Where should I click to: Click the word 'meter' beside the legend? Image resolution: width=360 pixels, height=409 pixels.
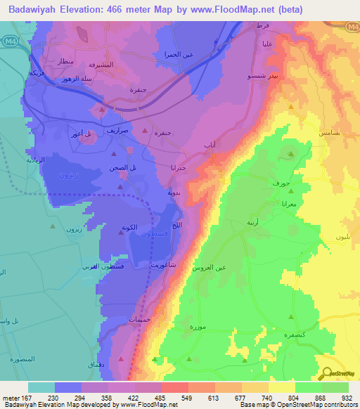pos(12,397)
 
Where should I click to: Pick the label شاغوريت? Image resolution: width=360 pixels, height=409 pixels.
pos(163,266)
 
